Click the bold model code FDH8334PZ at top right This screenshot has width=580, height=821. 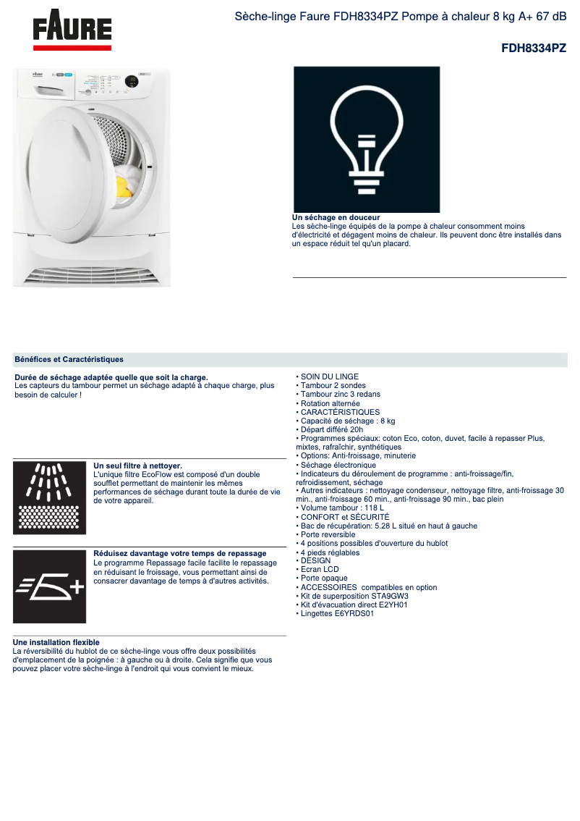(x=533, y=49)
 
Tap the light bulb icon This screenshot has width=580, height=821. (x=366, y=139)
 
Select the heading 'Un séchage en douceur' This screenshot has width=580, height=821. (x=336, y=217)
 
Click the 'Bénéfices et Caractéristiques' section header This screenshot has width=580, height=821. (x=69, y=359)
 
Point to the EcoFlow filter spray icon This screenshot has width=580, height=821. (x=49, y=497)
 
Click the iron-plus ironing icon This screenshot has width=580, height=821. (x=49, y=586)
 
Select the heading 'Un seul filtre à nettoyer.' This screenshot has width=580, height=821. (x=137, y=466)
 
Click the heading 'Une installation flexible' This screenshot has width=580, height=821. (x=56, y=642)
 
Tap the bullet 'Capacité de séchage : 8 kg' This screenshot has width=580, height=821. (x=347, y=421)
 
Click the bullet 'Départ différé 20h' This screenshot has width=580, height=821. (x=331, y=429)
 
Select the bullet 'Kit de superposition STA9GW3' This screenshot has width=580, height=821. (x=354, y=596)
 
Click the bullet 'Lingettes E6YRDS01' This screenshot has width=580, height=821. (x=336, y=613)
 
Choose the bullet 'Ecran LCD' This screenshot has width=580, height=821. (x=319, y=569)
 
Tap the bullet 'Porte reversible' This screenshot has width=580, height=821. (x=328, y=534)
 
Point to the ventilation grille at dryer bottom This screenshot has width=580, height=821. (x=92, y=276)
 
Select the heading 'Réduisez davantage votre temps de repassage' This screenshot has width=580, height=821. (x=180, y=553)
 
